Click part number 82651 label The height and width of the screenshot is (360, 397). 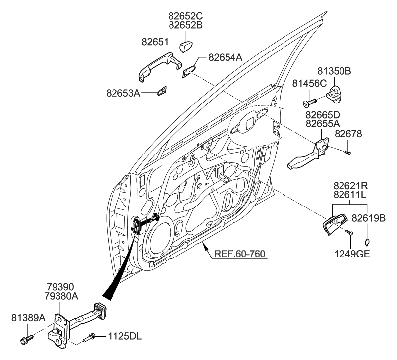tap(154, 43)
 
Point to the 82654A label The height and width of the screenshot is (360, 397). tap(225, 57)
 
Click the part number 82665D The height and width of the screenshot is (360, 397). tap(322, 115)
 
